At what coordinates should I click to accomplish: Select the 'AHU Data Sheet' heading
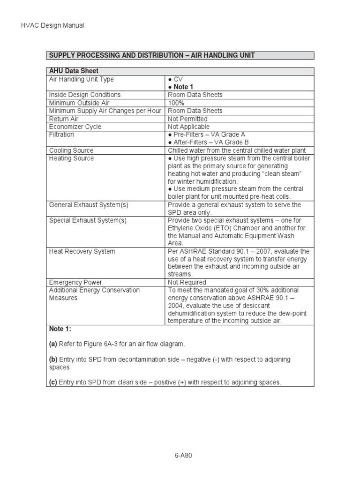[72, 71]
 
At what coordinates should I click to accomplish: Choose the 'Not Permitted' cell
[187, 119]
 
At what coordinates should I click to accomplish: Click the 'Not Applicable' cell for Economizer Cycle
[188, 127]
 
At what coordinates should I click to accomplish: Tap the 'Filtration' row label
[61, 135]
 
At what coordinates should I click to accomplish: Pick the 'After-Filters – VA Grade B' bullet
[208, 142]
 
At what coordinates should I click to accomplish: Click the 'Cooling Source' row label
[71, 150]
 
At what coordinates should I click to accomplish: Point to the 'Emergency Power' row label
[75, 282]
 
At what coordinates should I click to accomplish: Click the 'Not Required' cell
[187, 282]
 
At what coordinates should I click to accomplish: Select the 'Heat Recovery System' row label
[82, 251]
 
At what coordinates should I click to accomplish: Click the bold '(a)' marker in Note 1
[53, 344]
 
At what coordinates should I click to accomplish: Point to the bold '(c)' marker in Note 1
[53, 382]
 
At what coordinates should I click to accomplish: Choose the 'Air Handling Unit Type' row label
[81, 79]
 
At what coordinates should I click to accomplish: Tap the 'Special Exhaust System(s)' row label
[88, 220]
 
